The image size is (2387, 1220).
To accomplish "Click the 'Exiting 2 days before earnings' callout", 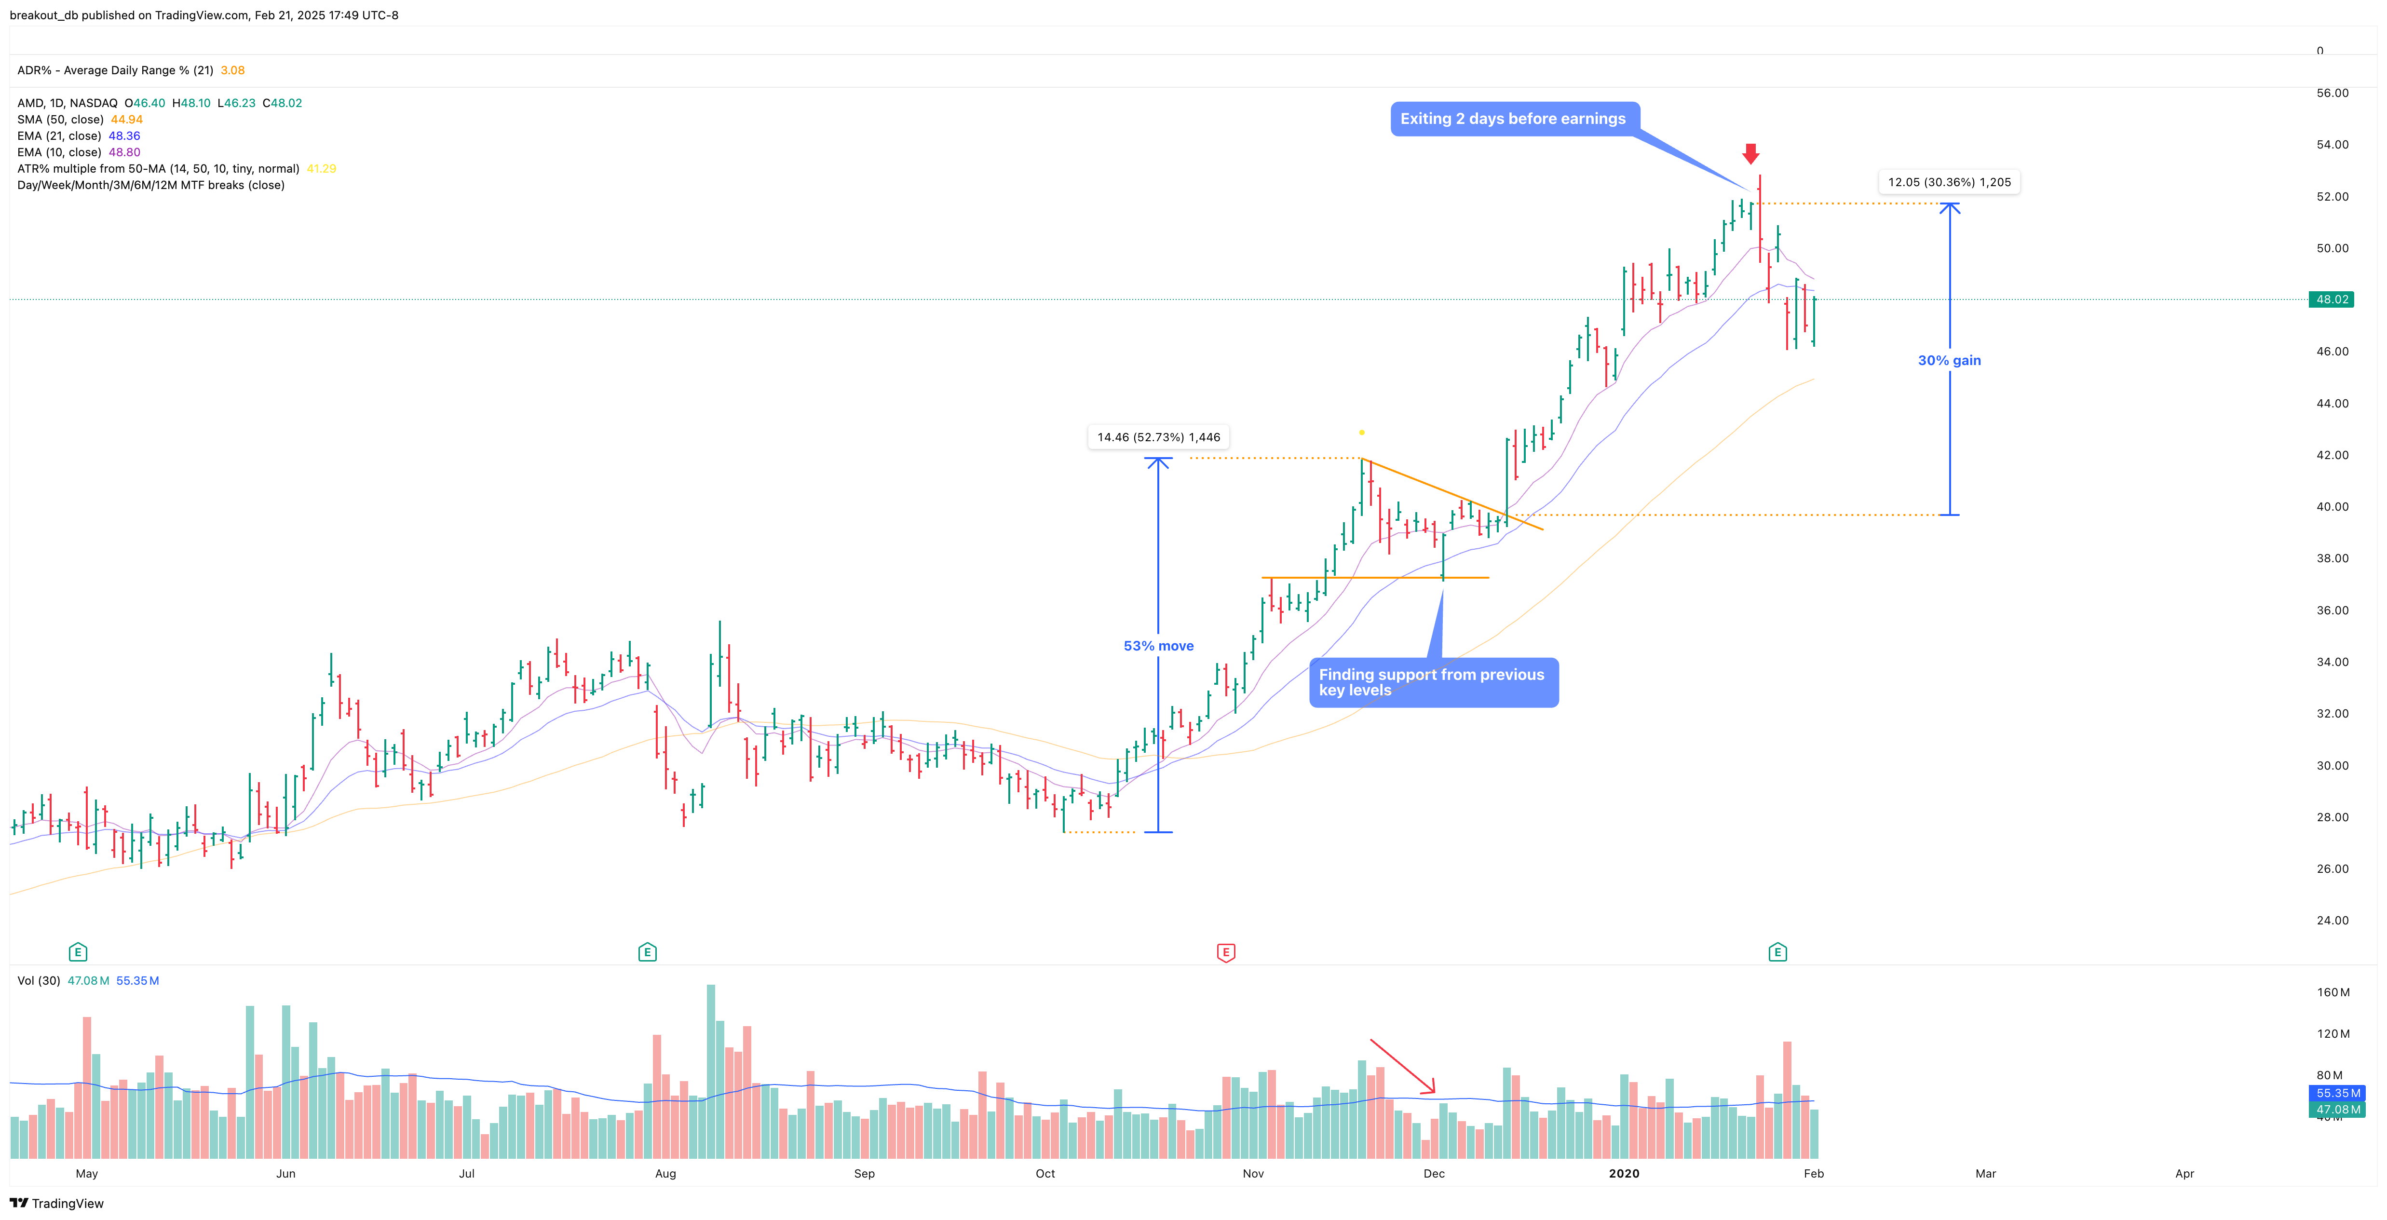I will pyautogui.click(x=1513, y=119).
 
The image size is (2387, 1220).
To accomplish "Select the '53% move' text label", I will pyautogui.click(x=1158, y=646).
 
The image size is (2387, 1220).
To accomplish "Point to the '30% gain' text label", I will pyautogui.click(x=1949, y=360).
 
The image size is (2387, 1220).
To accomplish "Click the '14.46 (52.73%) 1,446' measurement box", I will pyautogui.click(x=1158, y=437).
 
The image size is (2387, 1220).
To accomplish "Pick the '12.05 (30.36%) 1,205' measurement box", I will pyautogui.click(x=1949, y=182).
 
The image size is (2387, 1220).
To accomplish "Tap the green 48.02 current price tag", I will pyautogui.click(x=2332, y=299).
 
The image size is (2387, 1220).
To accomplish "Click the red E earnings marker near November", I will pyautogui.click(x=1226, y=952).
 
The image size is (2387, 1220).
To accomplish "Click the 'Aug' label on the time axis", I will pyautogui.click(x=665, y=1174).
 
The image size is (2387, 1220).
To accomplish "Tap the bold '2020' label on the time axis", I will pyautogui.click(x=1624, y=1174).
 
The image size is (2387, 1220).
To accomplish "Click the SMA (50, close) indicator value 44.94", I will pyautogui.click(x=127, y=120).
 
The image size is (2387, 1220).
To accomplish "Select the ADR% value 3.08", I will pyautogui.click(x=232, y=70).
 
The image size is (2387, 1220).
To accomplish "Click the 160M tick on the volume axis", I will pyautogui.click(x=2333, y=992).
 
